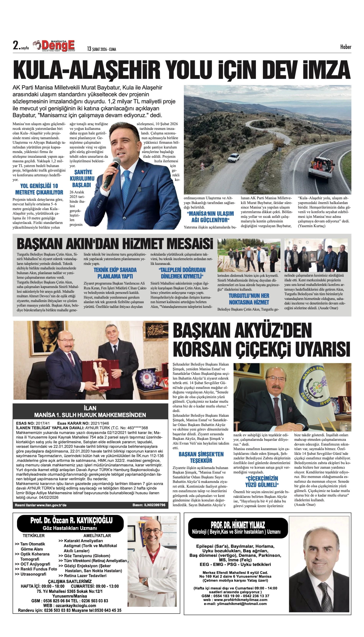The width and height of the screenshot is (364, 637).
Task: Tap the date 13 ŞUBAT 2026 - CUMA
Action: coord(102,49)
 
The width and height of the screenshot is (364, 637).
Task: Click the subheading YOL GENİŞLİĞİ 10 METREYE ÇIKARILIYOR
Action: coord(39,189)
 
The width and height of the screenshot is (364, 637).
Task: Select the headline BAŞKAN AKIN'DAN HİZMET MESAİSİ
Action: coord(115,243)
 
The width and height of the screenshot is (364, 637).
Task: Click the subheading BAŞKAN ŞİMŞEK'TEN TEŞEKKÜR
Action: coord(201,457)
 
